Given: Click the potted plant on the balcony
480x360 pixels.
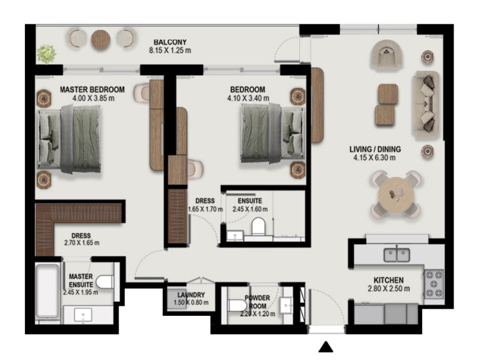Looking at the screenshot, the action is coord(46,54).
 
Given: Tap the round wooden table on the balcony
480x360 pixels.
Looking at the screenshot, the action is coord(101,40).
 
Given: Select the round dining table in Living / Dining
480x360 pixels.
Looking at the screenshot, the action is coord(396,195).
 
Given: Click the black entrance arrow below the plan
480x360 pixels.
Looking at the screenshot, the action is coord(326,347).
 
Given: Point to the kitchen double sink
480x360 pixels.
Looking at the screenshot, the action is coord(397,255).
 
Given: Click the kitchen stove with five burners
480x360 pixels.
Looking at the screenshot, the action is coord(434,284).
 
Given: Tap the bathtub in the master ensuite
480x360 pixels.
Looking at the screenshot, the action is coord(47,291).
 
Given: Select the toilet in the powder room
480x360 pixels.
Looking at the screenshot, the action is coord(237,305).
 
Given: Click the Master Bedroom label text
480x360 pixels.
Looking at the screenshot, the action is coord(92,89).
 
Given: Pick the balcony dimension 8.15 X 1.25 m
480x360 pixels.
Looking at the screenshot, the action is coord(170,50).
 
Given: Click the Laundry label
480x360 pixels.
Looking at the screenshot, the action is coord(191,295).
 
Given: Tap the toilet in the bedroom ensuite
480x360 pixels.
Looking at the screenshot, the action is coord(258,226).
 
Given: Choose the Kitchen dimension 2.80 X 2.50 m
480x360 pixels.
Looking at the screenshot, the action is coord(388,289).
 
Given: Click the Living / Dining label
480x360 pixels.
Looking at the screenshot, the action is coord(375,149).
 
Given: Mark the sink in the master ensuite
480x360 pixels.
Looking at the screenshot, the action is coord(83,315).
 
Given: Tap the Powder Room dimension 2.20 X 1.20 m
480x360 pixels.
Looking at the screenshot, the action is coord(258,314).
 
